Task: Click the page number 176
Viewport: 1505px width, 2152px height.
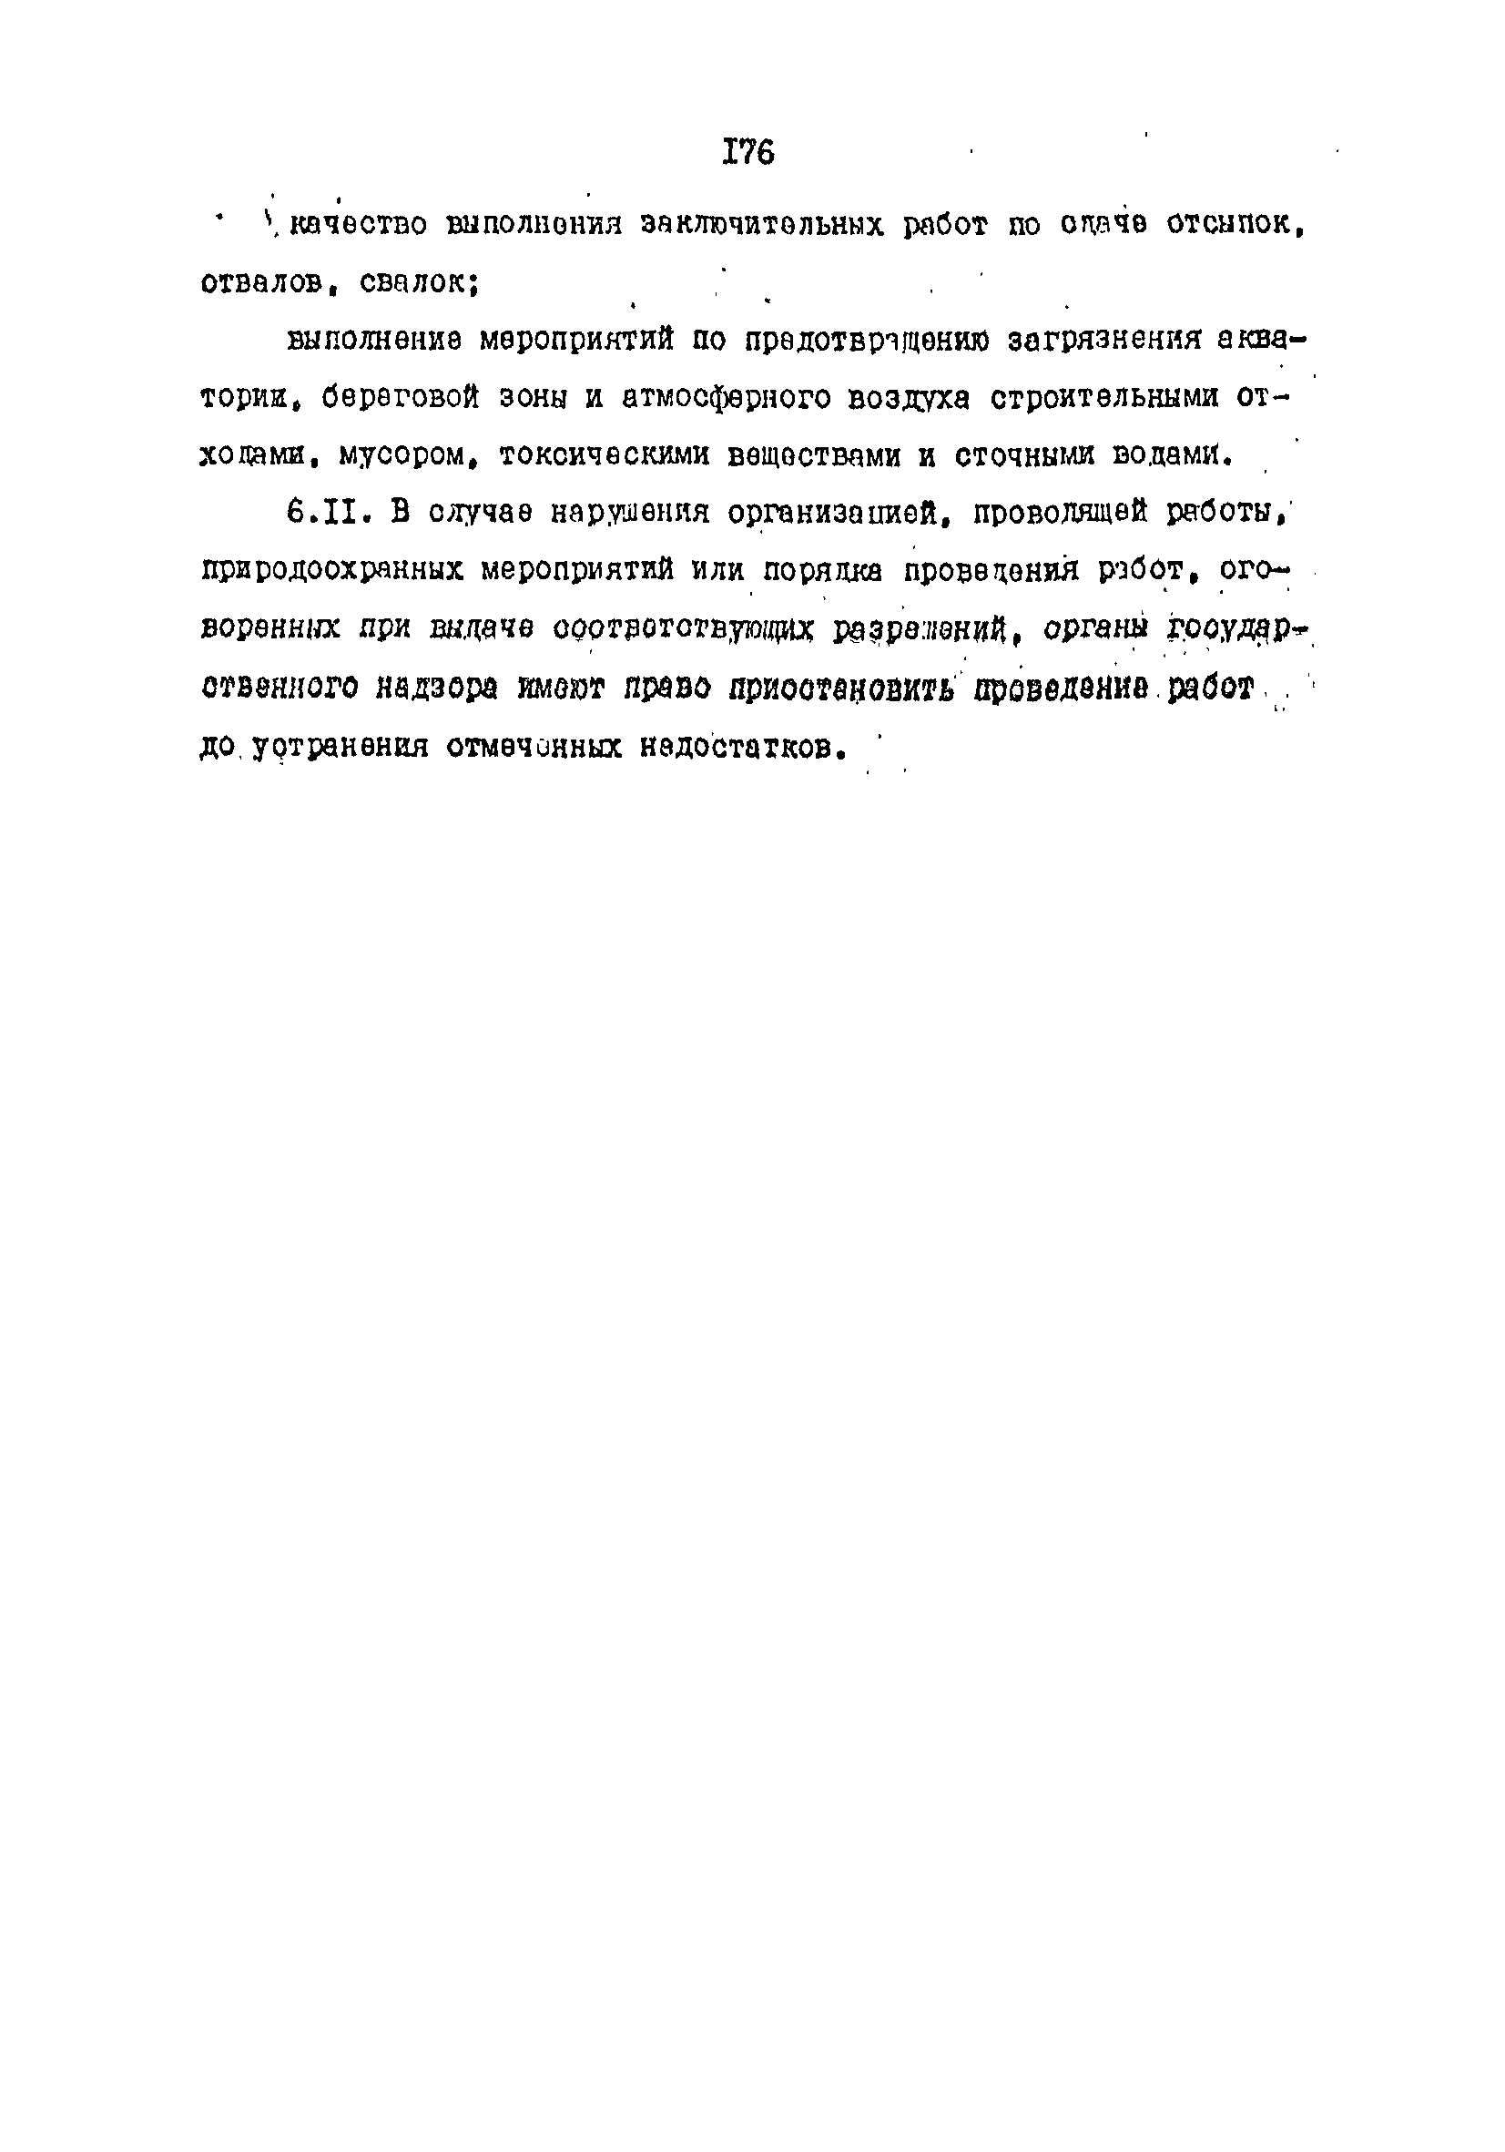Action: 747,152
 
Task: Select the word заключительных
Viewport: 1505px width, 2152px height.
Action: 761,226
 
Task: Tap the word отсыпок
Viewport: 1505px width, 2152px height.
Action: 1235,225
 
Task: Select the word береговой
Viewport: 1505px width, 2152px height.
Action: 399,398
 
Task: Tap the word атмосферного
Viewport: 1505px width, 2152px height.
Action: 727,398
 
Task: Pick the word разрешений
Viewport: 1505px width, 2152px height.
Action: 920,629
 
